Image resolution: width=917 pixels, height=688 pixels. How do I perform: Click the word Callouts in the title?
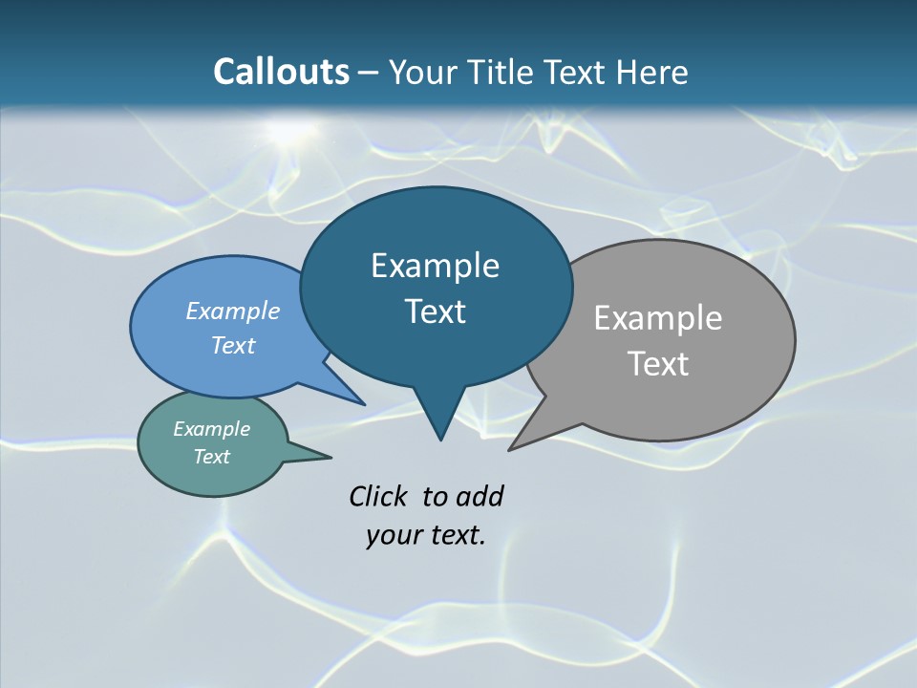click(281, 72)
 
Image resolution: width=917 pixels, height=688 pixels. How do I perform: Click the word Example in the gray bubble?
click(658, 318)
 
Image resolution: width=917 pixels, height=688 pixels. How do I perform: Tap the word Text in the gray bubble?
click(658, 364)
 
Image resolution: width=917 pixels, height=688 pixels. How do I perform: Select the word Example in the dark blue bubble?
click(435, 266)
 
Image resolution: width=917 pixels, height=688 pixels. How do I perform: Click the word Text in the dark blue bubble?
click(435, 312)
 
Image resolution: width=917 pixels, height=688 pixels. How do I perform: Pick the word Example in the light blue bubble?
click(233, 312)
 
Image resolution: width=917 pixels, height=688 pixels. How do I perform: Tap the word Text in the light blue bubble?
click(233, 346)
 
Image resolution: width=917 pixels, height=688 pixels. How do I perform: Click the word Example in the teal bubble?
click(211, 429)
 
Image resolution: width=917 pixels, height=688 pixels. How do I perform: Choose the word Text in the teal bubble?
click(211, 457)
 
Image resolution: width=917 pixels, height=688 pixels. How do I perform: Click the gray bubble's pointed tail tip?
click(509, 449)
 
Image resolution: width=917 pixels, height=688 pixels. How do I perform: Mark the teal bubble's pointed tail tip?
click(331, 456)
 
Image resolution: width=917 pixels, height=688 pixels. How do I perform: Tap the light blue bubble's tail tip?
click(365, 404)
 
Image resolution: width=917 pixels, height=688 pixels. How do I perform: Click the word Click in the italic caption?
click(380, 496)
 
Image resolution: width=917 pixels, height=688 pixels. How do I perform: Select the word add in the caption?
click(479, 496)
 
